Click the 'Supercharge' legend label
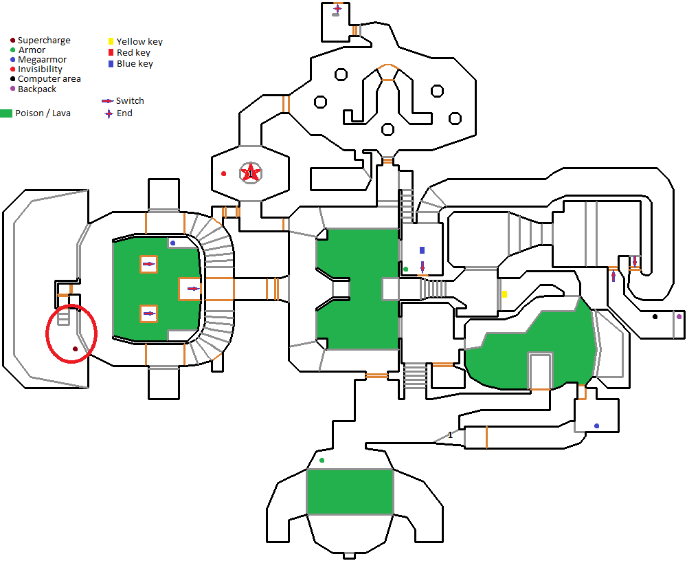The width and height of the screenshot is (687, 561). click(44, 41)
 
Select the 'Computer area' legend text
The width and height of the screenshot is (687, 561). click(49, 79)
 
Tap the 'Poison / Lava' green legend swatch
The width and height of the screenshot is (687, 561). click(6, 113)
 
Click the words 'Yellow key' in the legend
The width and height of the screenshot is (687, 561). click(139, 42)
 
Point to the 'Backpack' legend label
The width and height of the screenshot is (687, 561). click(37, 89)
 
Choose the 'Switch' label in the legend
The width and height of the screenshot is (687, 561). click(130, 101)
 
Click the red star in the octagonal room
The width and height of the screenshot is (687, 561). click(251, 173)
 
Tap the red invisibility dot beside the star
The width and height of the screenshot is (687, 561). click(223, 174)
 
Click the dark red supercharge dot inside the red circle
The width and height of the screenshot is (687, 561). click(75, 349)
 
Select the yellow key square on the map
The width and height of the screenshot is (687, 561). click(505, 294)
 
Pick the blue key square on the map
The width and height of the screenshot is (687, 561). click(422, 250)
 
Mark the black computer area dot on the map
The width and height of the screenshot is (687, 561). click(655, 316)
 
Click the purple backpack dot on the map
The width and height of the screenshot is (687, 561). click(679, 316)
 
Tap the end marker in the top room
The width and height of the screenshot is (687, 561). click(337, 8)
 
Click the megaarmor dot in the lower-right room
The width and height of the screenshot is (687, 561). click(596, 426)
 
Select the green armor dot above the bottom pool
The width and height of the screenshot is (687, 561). click(322, 460)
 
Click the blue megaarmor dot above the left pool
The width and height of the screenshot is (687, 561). click(172, 243)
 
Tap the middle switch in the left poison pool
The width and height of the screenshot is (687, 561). click(193, 289)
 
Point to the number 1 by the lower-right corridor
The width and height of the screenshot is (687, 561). click(451, 435)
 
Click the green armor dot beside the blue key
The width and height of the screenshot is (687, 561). click(406, 269)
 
